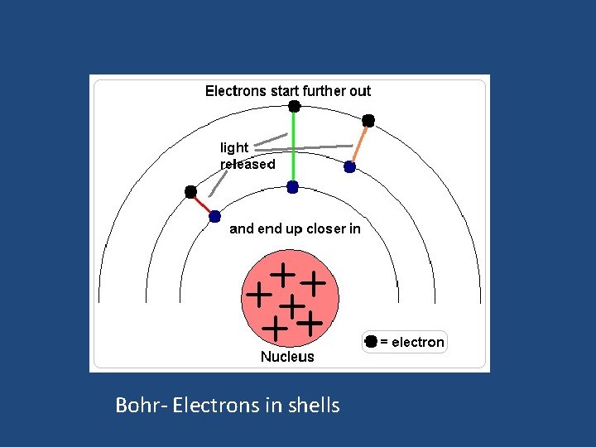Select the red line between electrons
203,204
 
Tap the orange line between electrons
359,144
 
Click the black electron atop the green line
293,107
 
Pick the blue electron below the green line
292,188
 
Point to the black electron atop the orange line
368,121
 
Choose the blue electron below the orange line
349,167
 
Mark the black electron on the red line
190,192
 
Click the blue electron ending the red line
214,217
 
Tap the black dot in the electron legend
371,342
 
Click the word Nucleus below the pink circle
287,357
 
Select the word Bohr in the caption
132,405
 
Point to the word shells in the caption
313,405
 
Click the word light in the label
234,147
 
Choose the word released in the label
248,164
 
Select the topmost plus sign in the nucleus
283,272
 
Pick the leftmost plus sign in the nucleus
259,293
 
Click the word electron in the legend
417,342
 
